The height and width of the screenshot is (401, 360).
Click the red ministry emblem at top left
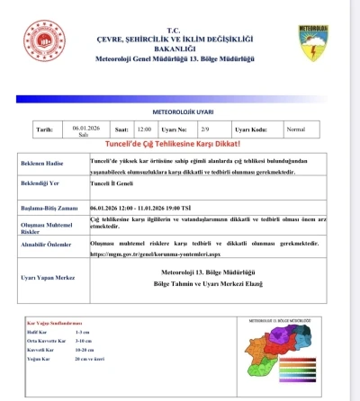click(x=45, y=42)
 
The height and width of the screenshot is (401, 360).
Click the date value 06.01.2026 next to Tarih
click(x=84, y=129)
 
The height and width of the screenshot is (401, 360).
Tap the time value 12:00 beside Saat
click(x=145, y=129)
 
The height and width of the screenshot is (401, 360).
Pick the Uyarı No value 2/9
click(x=205, y=129)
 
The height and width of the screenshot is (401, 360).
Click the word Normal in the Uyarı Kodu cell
click(x=295, y=129)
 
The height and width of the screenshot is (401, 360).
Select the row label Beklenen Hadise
click(x=52, y=163)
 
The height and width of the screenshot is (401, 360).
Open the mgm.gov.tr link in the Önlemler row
click(x=154, y=254)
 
